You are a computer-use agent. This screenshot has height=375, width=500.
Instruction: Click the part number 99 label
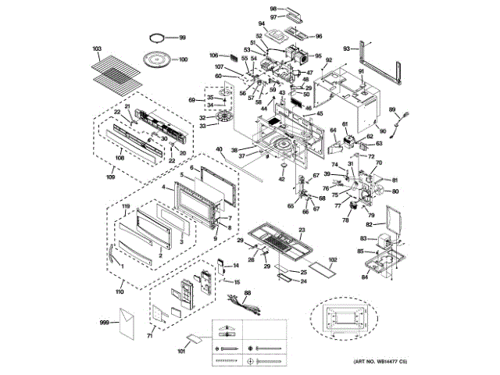click(183, 37)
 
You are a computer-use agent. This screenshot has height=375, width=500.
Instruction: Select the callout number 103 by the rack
click(97, 49)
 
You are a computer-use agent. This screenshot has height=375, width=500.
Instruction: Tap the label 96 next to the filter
click(318, 37)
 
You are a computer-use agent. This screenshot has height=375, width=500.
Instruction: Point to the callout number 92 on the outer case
click(329, 60)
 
